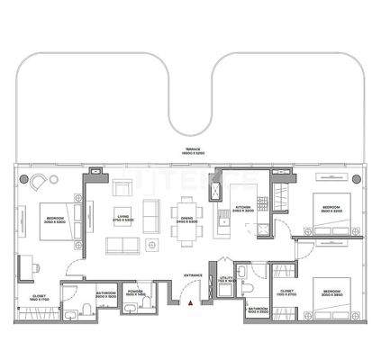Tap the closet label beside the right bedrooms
pos(286,292)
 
